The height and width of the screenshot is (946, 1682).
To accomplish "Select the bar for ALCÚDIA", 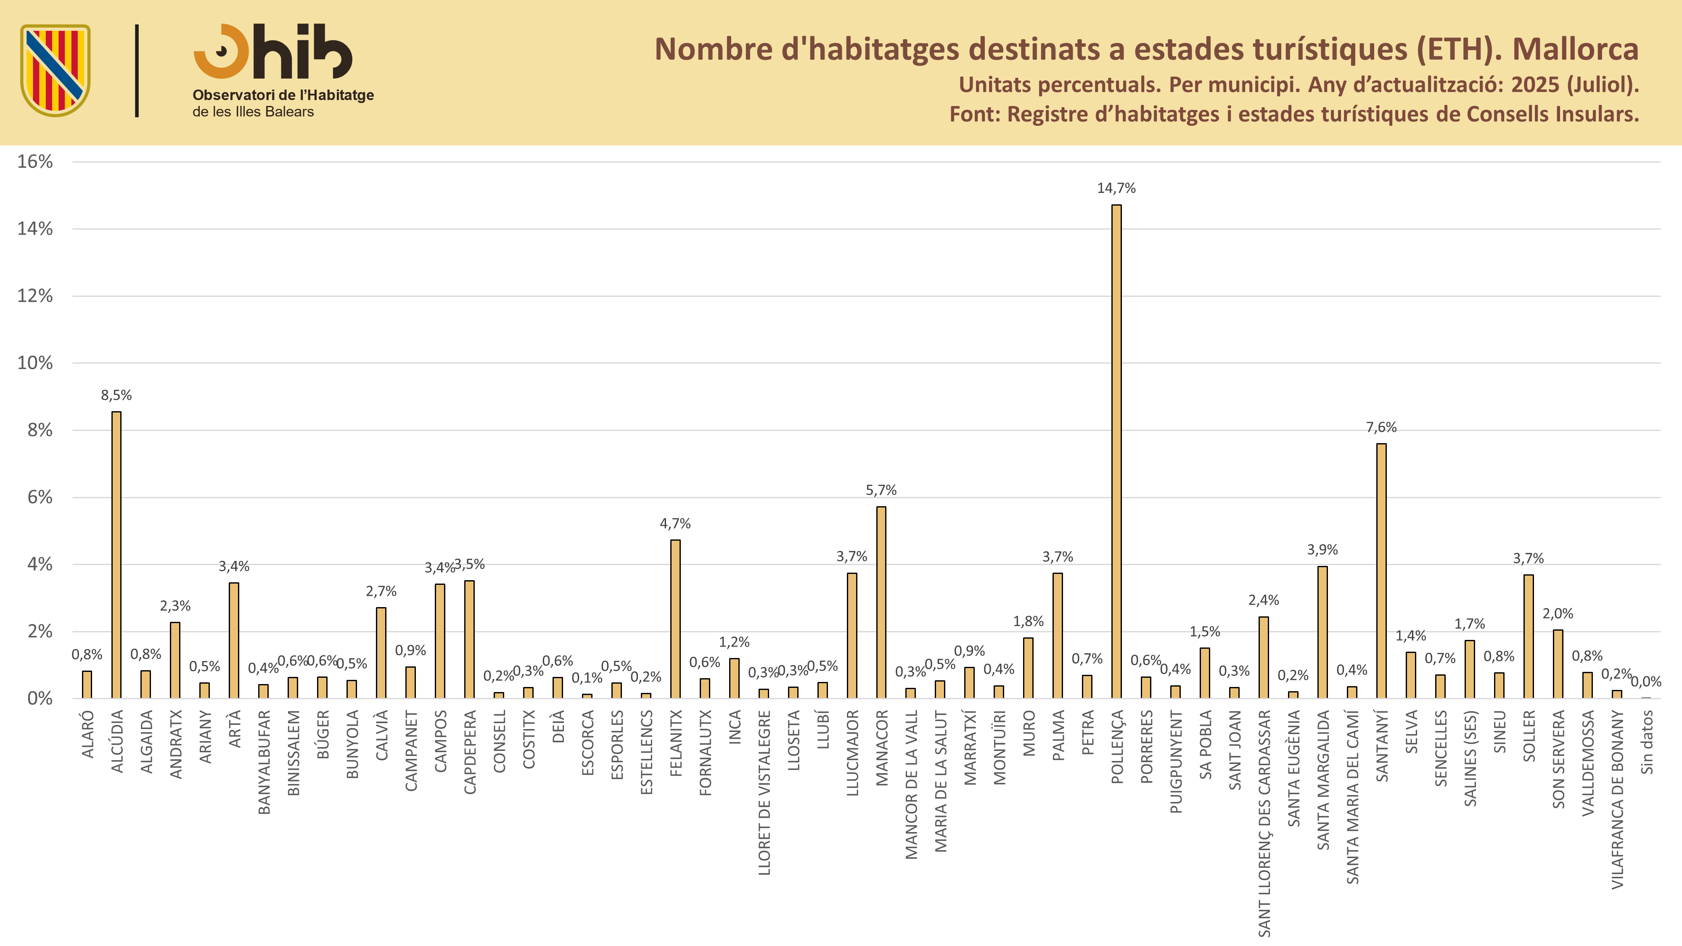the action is click(116, 555).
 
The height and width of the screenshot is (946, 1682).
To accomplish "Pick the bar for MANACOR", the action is click(881, 602).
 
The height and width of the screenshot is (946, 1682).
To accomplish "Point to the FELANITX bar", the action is click(675, 619).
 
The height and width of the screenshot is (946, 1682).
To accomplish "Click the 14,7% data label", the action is click(1116, 188).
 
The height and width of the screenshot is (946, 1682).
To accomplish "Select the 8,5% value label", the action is click(116, 395).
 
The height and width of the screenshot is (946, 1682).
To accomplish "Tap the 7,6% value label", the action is click(1381, 428).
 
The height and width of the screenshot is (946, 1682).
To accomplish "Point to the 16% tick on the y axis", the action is click(34, 162).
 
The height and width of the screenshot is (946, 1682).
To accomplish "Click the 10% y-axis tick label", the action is click(34, 363).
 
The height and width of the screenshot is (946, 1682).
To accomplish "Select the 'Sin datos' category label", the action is click(1647, 743).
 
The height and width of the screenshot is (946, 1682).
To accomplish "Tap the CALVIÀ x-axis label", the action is click(382, 736).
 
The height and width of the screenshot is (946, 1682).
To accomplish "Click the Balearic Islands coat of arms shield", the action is click(56, 71).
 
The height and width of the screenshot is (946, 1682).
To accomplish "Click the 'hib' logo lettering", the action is click(303, 52).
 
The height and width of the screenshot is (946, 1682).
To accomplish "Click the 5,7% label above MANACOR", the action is click(881, 490).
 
